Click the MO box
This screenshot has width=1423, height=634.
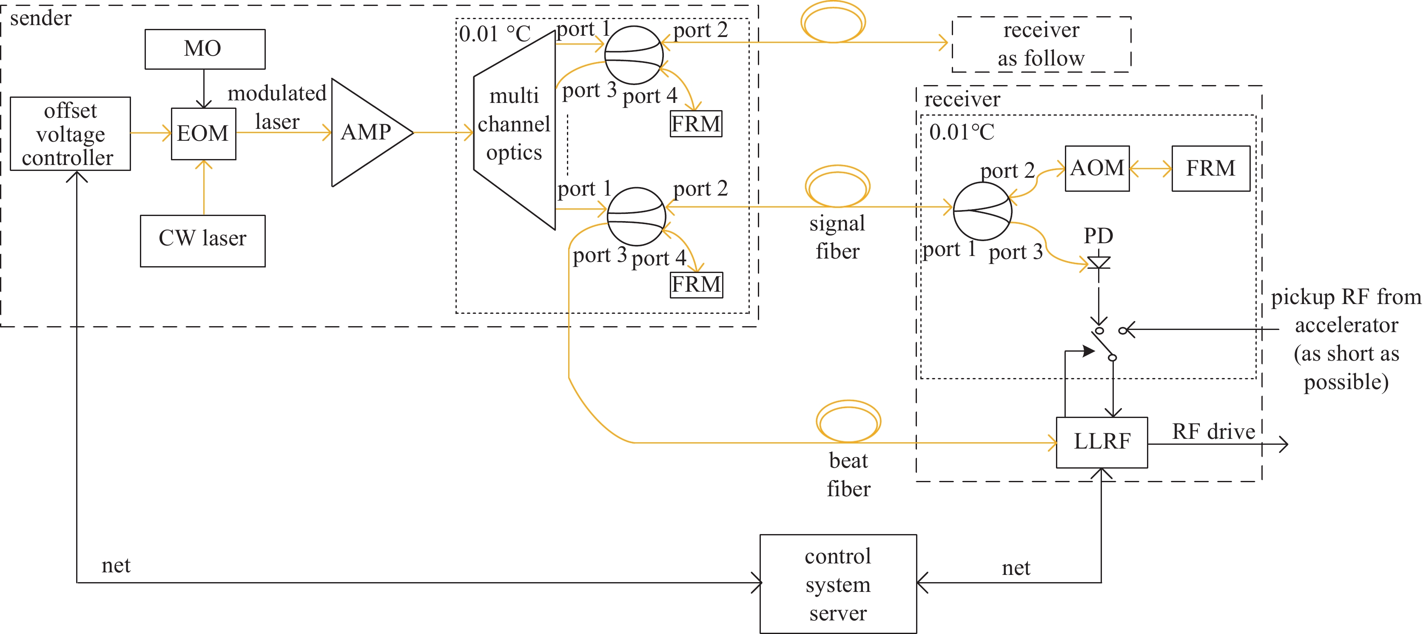point(205,49)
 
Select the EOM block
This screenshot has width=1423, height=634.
point(203,134)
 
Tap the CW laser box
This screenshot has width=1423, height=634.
point(203,241)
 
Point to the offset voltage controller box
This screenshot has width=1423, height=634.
point(70,134)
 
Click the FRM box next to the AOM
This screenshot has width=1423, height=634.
point(1210,168)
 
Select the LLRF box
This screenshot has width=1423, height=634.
point(1101,442)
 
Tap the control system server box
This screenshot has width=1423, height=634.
point(838,584)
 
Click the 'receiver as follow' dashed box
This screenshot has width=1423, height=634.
point(1041,44)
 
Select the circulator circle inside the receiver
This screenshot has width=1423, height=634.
point(982,211)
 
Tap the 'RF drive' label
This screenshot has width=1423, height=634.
point(1213,432)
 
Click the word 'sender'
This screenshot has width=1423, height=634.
point(41,19)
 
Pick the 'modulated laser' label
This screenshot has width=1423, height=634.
point(277,107)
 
